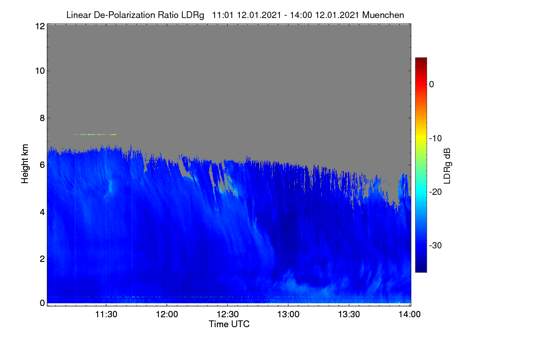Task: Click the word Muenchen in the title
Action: point(383,15)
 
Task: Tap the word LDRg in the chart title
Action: point(193,15)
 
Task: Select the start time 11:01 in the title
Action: point(223,15)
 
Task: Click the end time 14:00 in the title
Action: point(301,15)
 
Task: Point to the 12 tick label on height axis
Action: point(40,26)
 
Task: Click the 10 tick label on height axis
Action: point(40,71)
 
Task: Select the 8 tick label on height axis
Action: point(42,118)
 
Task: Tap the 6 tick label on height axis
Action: point(42,165)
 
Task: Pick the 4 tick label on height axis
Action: point(42,212)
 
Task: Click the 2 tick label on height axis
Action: point(42,259)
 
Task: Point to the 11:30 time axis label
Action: point(106,315)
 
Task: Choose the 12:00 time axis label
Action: point(167,315)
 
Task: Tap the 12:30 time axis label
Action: point(228,315)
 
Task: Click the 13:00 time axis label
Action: point(288,315)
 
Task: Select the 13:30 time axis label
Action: point(349,315)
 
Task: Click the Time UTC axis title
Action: point(229,324)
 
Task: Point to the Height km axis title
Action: point(25,164)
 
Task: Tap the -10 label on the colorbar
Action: point(436,139)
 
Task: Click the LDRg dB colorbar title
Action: point(447,166)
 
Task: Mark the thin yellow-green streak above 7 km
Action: point(99,135)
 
